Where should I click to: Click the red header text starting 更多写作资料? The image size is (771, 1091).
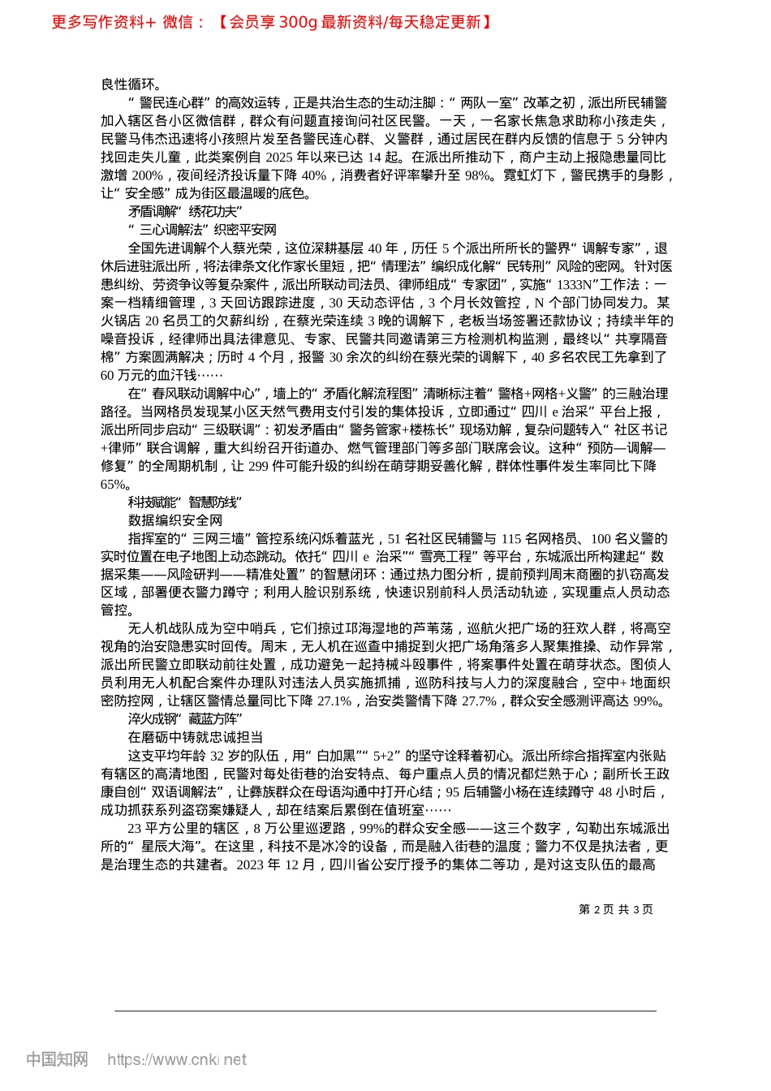[272, 23]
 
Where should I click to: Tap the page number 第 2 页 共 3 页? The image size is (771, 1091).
[616, 909]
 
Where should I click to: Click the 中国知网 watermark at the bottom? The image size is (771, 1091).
[57, 1059]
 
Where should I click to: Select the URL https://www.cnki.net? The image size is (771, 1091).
[177, 1059]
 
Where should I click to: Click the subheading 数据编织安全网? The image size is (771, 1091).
[175, 520]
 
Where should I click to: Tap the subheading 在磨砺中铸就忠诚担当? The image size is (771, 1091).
[196, 737]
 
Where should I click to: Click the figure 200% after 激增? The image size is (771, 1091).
[148, 175]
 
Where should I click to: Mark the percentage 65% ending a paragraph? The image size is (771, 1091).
[114, 485]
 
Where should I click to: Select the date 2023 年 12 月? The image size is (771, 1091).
[275, 865]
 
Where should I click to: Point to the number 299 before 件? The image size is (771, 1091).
[258, 466]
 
